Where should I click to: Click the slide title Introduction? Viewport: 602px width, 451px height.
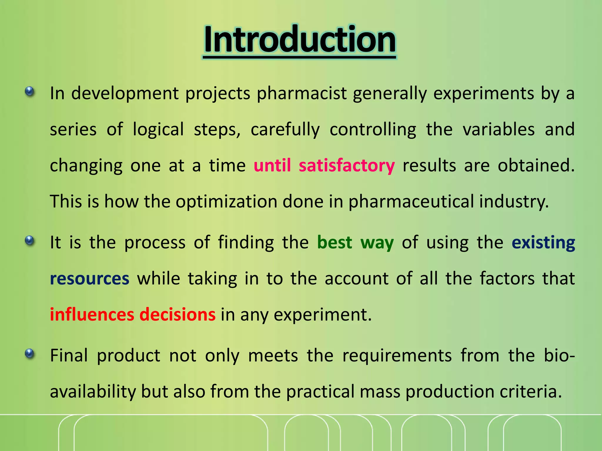coord(300,40)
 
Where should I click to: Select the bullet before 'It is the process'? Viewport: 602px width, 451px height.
coord(29,241)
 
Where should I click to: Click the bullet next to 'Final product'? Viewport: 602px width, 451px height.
coord(29,354)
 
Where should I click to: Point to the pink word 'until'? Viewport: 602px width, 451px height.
coord(272,165)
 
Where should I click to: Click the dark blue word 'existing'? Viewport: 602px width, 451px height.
coord(543,243)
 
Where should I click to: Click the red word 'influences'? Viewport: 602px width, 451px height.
coord(92,314)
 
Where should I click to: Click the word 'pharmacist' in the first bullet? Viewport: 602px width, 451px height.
coord(302,94)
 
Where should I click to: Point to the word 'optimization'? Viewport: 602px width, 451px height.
coord(226,202)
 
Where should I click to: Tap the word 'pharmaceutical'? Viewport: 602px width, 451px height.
coord(411,202)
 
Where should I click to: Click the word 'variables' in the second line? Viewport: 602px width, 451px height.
coord(499,129)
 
